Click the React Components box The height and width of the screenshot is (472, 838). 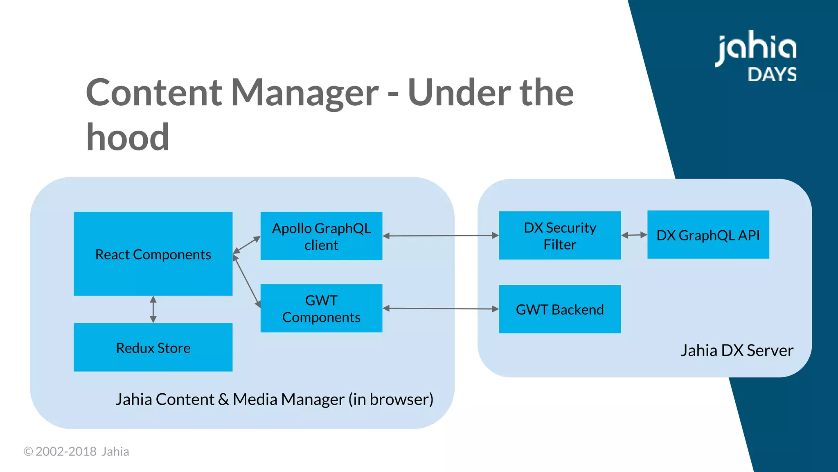point(153,254)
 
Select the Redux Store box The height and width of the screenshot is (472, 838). point(153,347)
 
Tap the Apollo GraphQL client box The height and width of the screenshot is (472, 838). point(321,236)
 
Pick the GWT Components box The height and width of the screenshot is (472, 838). point(321,308)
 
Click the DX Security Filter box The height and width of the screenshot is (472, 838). point(560,236)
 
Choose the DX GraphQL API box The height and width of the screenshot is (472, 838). point(708,235)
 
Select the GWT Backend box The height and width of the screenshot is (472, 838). point(560,309)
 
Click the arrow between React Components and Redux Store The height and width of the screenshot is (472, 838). point(153,309)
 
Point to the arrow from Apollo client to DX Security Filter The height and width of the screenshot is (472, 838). point(441,236)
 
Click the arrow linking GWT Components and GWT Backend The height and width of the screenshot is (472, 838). point(441,309)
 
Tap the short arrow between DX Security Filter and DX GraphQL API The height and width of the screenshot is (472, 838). point(634,235)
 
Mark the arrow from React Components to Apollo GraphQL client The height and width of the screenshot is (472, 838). point(246,245)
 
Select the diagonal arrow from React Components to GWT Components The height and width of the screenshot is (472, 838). point(247,281)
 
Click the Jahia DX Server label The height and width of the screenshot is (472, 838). point(737,350)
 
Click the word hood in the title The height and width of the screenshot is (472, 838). point(128,137)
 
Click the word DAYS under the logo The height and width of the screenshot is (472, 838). point(772,75)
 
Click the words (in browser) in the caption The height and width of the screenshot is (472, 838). point(391,399)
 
